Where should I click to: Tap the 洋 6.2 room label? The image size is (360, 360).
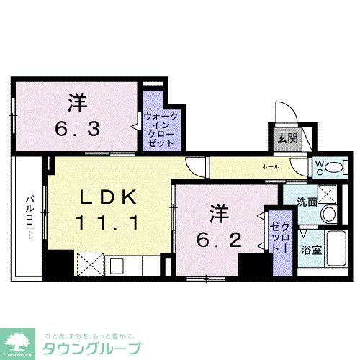[x=215, y=226]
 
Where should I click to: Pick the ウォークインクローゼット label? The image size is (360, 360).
[x=160, y=129]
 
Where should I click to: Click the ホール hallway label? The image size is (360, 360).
[x=270, y=166]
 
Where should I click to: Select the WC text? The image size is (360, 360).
[x=318, y=167]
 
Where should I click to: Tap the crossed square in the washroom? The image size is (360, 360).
[x=328, y=192]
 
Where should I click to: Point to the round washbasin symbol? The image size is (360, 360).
[x=328, y=213]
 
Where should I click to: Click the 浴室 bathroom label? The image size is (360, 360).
[x=311, y=251]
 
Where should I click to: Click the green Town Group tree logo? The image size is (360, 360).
[x=20, y=339]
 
